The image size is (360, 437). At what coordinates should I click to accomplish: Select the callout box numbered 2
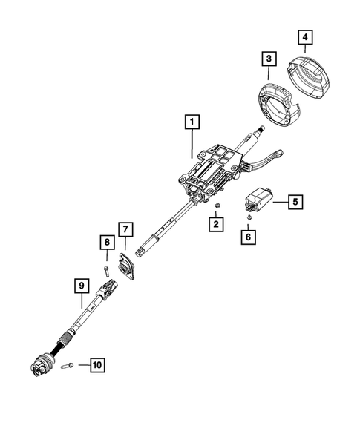pos(215,223)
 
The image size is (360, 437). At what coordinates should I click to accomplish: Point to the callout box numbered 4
pos(306,36)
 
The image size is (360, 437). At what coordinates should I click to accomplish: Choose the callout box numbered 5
pos(294,200)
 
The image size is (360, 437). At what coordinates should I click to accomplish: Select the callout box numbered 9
pos(81,284)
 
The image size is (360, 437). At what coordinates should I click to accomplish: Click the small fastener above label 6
pos(249,218)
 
